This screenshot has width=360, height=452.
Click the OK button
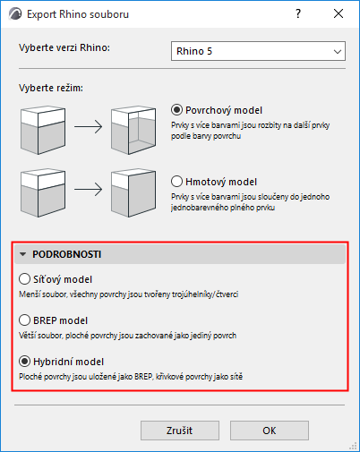point(270,431)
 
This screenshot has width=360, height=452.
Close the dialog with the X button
point(339,13)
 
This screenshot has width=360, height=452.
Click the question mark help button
point(298,13)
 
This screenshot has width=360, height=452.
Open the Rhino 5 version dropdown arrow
point(338,52)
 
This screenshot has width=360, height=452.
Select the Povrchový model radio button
point(176,110)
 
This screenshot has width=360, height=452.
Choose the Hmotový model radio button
point(176,182)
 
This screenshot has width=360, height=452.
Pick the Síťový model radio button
point(24,279)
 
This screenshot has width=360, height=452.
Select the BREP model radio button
point(24,320)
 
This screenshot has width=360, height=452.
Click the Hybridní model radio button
point(24,362)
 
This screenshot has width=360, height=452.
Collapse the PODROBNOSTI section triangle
point(22,254)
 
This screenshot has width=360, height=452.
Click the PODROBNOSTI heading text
point(67,254)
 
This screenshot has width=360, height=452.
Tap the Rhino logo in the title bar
point(15,14)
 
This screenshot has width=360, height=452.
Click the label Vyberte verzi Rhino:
point(64,47)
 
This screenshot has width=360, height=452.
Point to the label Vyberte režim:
point(51,88)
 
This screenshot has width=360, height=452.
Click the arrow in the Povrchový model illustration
point(88,127)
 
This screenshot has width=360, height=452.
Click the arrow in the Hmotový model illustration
point(88,190)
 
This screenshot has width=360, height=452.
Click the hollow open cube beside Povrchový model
point(133,130)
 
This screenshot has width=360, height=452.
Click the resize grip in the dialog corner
point(353,446)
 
